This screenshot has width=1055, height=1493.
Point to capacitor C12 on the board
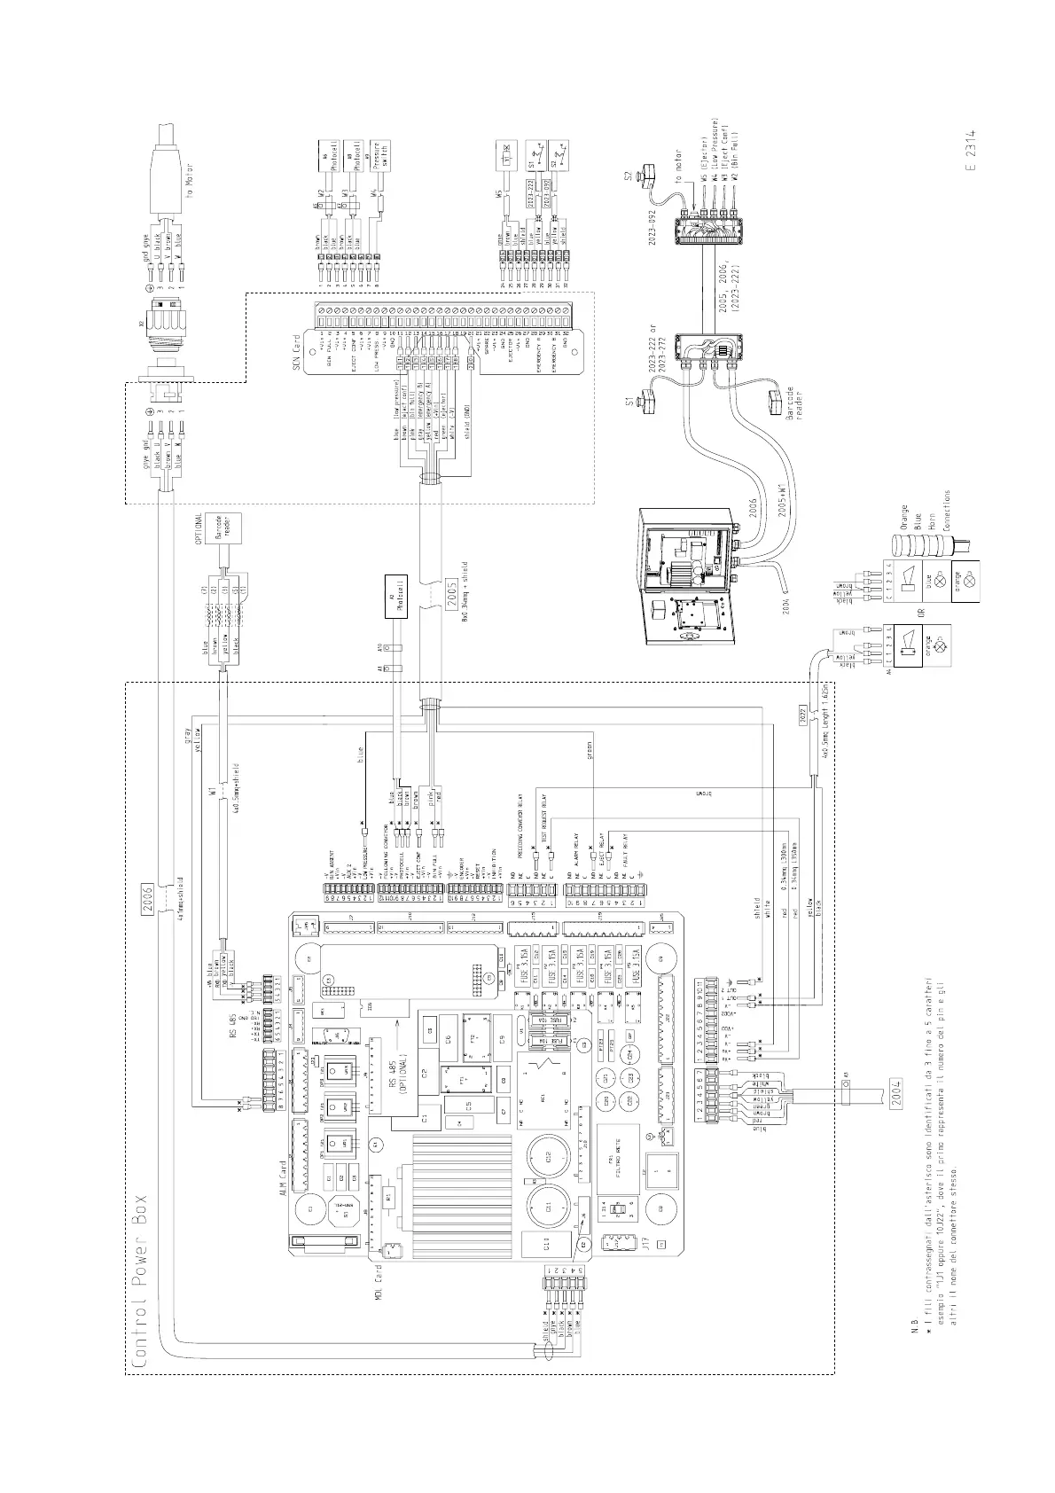click(x=550, y=1156)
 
